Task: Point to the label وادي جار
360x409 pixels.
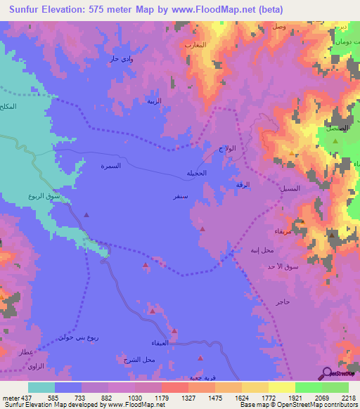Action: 122,59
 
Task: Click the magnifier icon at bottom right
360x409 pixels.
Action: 327,374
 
